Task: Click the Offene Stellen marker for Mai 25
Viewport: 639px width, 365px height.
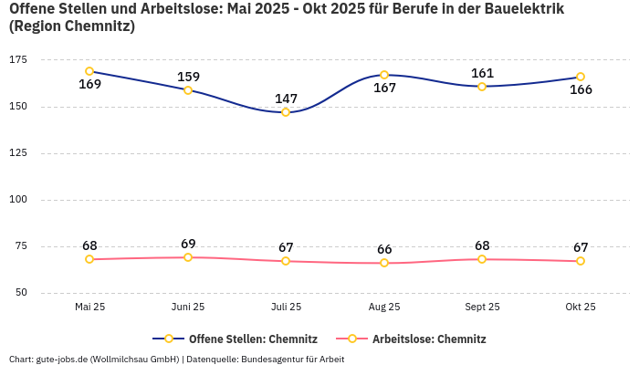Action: (89, 71)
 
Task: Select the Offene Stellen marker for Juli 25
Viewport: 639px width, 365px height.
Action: (286, 112)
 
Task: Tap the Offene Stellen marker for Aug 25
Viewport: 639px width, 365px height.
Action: (384, 75)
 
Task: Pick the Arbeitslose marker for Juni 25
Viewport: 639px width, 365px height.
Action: (188, 257)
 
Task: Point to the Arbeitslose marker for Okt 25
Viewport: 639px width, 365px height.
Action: (581, 261)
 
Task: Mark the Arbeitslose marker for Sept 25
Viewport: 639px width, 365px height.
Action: (482, 259)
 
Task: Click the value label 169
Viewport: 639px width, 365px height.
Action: (89, 85)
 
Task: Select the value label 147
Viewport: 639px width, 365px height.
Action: (286, 99)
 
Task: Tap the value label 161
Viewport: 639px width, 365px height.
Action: (482, 73)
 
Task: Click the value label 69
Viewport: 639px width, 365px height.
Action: (188, 244)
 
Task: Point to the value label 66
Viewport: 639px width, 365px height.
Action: (384, 249)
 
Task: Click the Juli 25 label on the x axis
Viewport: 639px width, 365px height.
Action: (286, 308)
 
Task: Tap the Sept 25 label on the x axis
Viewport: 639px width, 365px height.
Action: (482, 308)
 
